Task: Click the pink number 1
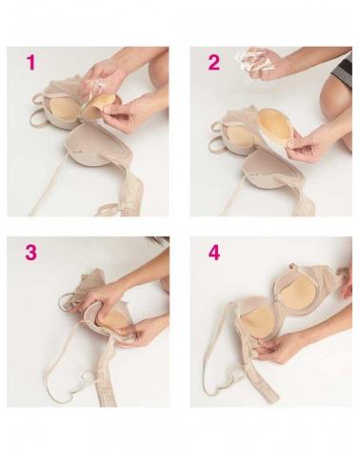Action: pos(31,62)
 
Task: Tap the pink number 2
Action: pos(213,62)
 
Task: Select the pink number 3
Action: pos(31,253)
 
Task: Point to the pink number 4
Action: pos(214,253)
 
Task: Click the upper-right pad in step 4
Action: pos(295,298)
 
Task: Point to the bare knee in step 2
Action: pos(336,105)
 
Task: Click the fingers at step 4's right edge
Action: pos(347,279)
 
